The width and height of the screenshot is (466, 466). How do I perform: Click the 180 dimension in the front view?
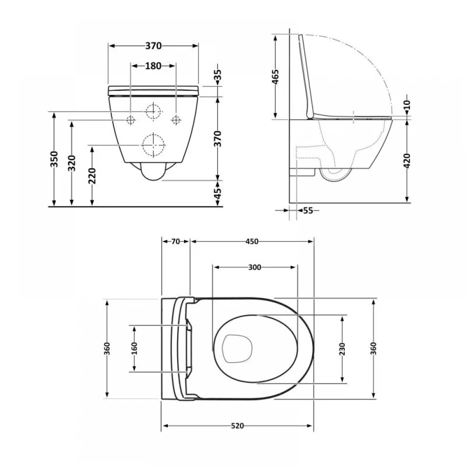(153, 66)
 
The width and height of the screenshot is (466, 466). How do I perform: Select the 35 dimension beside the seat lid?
(218, 75)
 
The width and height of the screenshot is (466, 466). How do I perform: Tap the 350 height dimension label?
(54, 159)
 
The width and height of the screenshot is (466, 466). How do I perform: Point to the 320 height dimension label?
(72, 163)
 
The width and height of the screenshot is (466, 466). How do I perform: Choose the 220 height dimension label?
(92, 176)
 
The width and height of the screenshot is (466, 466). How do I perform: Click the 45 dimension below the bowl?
(218, 194)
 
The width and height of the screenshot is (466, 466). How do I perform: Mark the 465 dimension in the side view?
(275, 77)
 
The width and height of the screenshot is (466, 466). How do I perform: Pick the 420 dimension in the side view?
(407, 161)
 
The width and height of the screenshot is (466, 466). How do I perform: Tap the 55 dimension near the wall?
(308, 211)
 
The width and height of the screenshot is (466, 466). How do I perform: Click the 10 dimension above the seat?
(407, 104)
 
